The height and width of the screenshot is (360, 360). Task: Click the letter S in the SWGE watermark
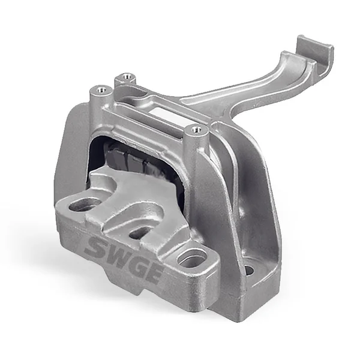tap(94, 246)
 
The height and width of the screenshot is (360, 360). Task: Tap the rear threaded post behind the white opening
tap(126, 77)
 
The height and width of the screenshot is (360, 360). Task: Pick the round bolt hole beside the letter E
tap(191, 259)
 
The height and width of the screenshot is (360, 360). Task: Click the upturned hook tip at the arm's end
tap(313, 48)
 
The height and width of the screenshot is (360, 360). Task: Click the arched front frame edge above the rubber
tap(144, 135)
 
